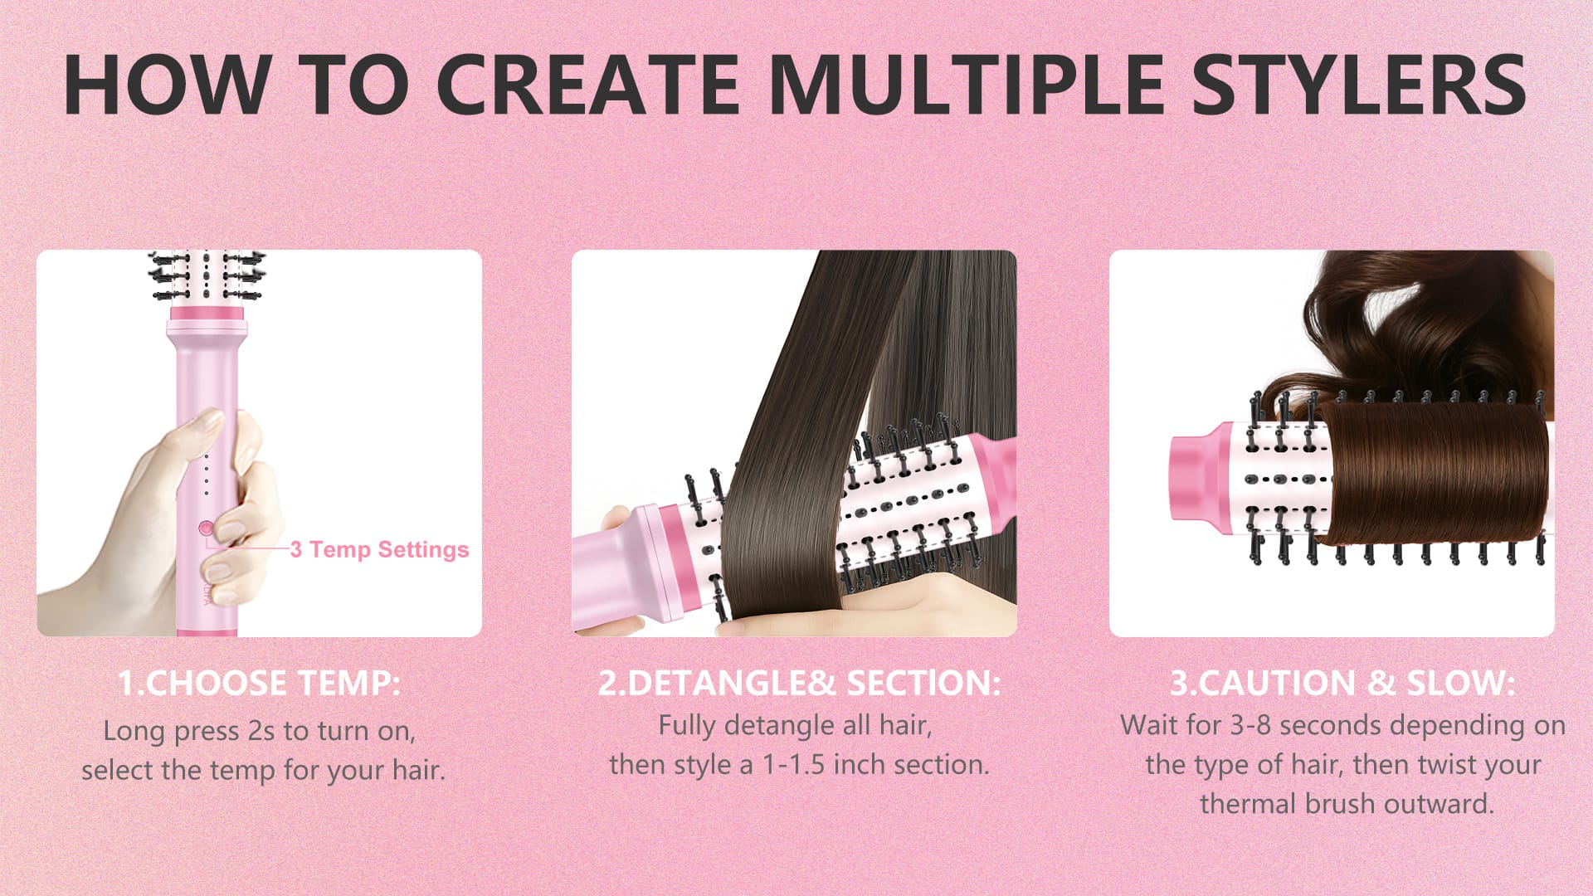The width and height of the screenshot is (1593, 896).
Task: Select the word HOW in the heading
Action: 166,85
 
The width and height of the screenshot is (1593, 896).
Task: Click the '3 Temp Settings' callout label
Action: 379,549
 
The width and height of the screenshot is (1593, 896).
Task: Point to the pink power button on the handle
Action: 206,528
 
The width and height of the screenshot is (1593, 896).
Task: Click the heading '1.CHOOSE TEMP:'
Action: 259,683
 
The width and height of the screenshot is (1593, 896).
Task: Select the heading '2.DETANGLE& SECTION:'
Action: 799,683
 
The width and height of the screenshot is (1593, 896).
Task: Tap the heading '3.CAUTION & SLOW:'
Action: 1342,683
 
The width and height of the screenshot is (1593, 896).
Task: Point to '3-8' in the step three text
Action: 1250,725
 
